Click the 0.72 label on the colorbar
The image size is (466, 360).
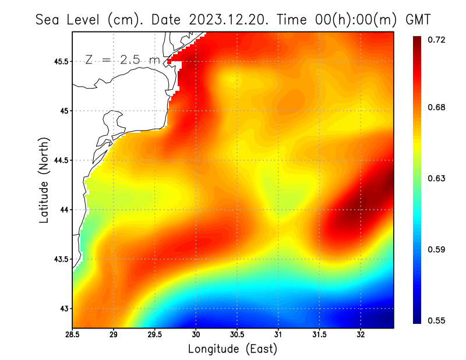[437, 40]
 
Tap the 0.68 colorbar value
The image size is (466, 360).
[437, 107]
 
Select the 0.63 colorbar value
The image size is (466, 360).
[437, 178]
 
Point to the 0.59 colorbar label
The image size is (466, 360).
[437, 250]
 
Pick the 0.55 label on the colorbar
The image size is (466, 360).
[437, 320]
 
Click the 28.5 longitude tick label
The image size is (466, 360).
[72, 335]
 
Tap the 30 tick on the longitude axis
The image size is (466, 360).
[196, 335]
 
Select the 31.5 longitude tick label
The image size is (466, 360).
[319, 335]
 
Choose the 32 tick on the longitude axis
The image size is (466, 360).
[361, 335]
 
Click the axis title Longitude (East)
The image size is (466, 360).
[232, 349]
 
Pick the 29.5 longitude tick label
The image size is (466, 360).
[154, 335]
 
